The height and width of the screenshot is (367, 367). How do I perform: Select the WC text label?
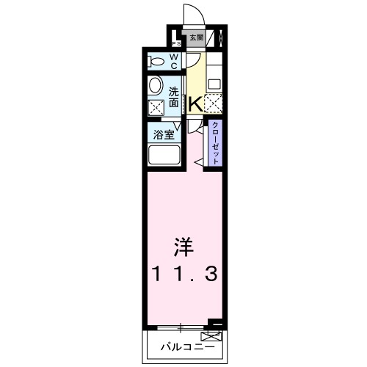click(175, 61)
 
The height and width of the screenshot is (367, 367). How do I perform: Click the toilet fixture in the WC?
click(156, 61)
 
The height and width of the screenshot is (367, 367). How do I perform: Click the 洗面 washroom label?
click(173, 98)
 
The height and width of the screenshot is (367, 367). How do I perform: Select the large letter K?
click(195, 104)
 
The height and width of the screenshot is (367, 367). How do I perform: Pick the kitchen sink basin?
click(214, 83)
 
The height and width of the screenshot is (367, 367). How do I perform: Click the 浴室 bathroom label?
click(162, 135)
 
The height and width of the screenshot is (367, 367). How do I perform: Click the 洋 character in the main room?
click(183, 245)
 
